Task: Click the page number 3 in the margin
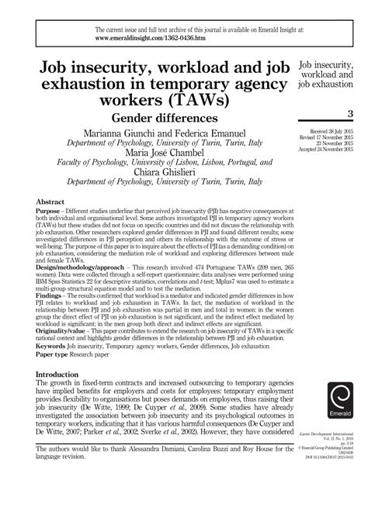(350, 114)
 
